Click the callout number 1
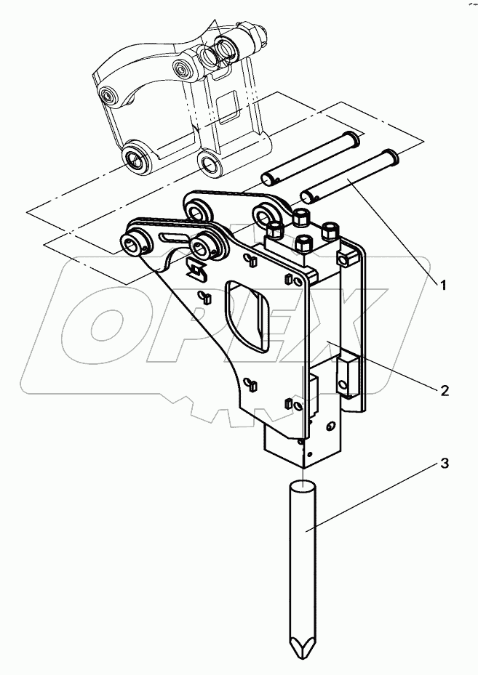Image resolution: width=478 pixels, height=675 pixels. [x=441, y=283]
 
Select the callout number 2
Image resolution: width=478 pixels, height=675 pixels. [x=444, y=390]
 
